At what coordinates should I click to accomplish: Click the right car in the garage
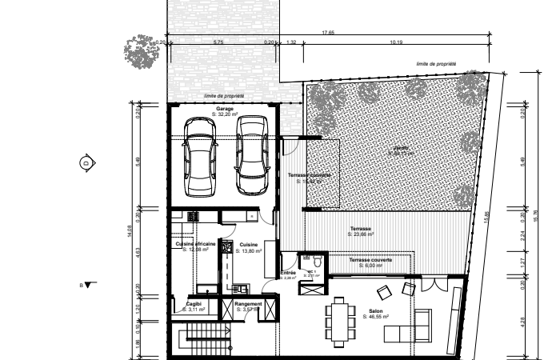[250, 154]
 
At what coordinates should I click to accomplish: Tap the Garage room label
[224, 111]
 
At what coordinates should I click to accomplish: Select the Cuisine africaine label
[195, 244]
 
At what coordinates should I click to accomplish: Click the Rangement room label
[248, 304]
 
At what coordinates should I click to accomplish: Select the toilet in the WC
[318, 261]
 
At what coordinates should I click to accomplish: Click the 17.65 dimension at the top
[328, 33]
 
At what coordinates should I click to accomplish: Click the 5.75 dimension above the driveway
[218, 42]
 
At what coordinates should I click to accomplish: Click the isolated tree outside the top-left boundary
[142, 51]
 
